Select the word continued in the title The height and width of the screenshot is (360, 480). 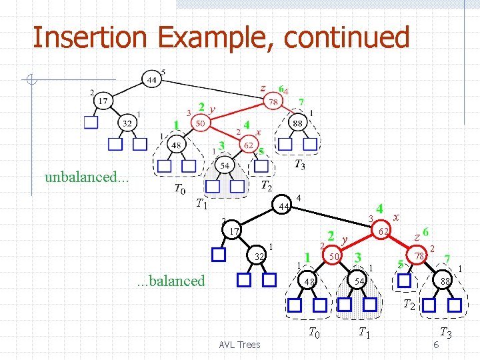346,37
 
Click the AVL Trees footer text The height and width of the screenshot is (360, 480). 239,344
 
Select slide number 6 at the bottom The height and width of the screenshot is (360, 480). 435,344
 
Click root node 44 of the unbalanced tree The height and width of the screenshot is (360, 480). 151,79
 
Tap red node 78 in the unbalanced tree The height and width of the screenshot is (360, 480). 273,102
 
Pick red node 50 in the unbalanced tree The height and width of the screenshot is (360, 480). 200,123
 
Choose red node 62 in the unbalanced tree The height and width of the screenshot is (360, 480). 247,144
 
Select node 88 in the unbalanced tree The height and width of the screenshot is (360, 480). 297,123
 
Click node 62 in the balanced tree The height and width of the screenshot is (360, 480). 383,231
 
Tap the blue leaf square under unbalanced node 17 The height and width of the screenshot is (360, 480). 91,123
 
